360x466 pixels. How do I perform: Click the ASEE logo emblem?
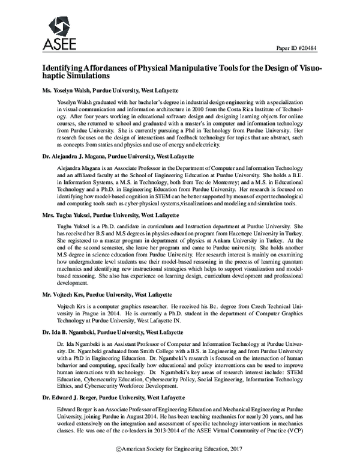click(58, 23)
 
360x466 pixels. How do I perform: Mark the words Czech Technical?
click(272, 306)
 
